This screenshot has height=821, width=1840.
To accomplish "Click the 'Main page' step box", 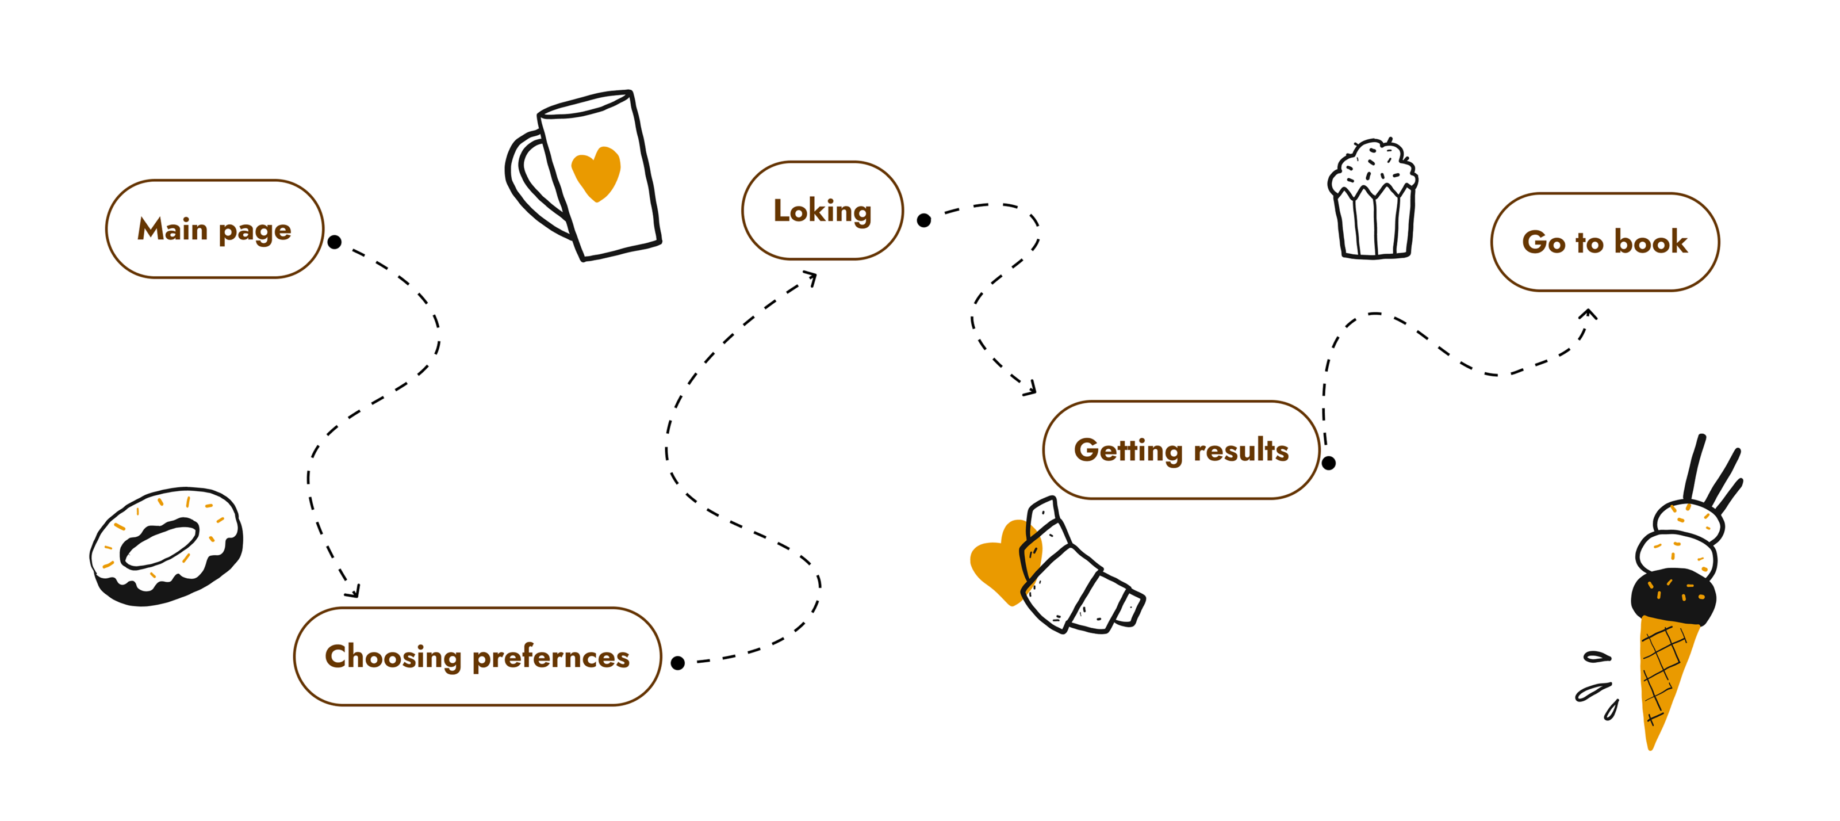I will pyautogui.click(x=214, y=230).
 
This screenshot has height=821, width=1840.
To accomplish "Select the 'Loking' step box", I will pyautogui.click(x=822, y=211).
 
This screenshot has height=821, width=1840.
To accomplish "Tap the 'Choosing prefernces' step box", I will pyautogui.click(x=477, y=656).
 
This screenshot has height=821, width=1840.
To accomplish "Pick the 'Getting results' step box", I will pyautogui.click(x=1180, y=450).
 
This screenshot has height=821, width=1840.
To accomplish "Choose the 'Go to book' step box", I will pyautogui.click(x=1604, y=242).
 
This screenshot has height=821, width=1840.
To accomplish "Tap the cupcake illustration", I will pyautogui.click(x=1374, y=201).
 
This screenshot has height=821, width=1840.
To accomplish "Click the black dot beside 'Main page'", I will pyautogui.click(x=334, y=242).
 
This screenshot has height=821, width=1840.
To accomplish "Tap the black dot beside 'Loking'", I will pyautogui.click(x=923, y=220).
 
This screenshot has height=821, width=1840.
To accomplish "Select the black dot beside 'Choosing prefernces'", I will pyautogui.click(x=678, y=663).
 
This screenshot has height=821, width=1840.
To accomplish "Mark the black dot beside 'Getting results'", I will pyautogui.click(x=1329, y=463).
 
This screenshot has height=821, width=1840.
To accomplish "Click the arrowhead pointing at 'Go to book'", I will pyautogui.click(x=1589, y=314).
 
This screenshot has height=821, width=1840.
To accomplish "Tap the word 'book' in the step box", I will pyautogui.click(x=1651, y=242).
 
